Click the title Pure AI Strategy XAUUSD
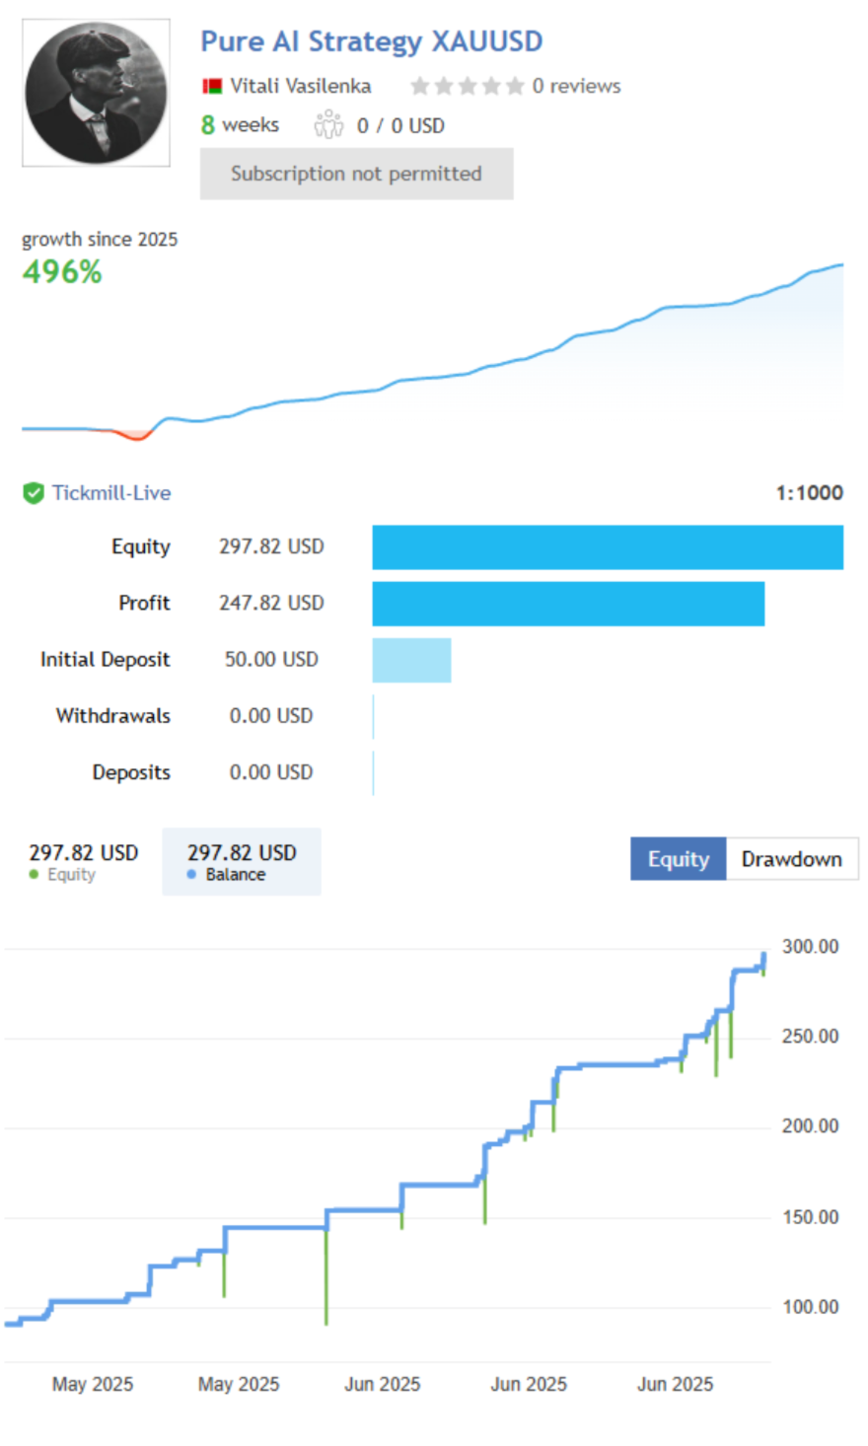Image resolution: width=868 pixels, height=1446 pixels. point(371,41)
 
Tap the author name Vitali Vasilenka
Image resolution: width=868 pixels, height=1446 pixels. point(300,86)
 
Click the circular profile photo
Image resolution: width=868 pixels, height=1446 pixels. point(96,93)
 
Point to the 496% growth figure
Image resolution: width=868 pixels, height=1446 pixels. point(61,272)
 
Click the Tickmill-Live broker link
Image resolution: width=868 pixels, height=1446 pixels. point(110,493)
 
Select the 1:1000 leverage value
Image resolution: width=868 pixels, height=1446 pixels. point(809,493)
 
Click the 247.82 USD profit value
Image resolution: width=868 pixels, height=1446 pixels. point(271,603)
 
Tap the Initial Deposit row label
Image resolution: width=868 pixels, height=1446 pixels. point(105,660)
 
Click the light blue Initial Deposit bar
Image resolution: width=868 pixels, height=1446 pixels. point(411,660)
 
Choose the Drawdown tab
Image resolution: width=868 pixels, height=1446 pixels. point(791,859)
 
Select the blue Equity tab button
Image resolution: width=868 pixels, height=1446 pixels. point(678,859)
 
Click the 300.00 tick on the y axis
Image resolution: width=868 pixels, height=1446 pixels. point(810,947)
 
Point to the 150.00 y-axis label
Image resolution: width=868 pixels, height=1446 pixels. point(810,1217)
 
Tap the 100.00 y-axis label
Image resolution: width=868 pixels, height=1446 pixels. point(810,1307)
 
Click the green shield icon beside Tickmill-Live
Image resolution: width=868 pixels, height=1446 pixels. point(34,493)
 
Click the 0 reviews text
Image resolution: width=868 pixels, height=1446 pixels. point(576,86)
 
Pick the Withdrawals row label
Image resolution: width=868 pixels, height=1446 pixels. point(112,716)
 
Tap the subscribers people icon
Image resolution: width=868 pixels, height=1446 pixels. point(328,125)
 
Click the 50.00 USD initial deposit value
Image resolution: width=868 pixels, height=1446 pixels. point(271,660)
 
